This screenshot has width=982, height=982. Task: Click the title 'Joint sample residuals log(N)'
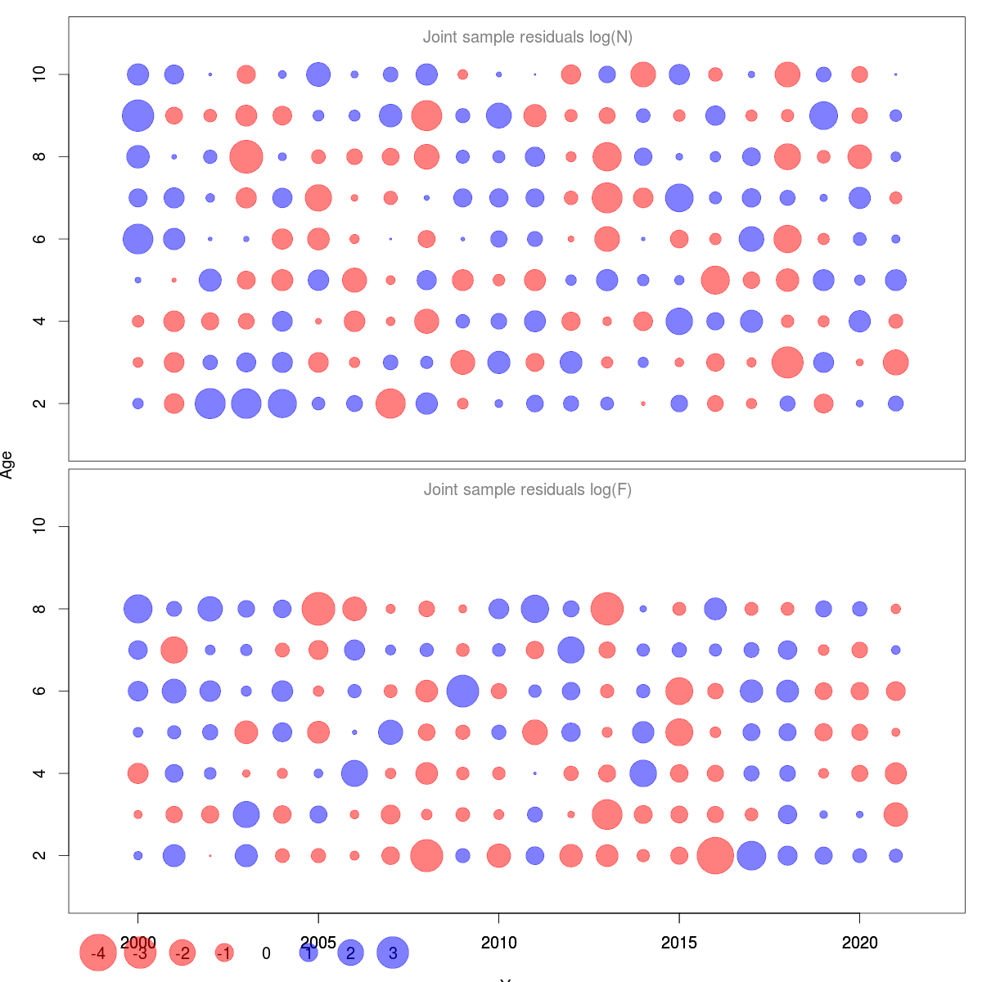pos(528,37)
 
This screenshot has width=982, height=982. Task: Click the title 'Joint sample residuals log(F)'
pos(528,489)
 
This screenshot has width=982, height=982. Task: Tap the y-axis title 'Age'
pos(7,465)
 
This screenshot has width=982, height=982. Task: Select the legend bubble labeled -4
pos(98,953)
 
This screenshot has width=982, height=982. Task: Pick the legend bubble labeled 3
pos(393,953)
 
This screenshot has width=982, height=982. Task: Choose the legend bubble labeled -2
pos(182,953)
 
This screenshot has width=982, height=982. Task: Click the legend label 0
pos(266,953)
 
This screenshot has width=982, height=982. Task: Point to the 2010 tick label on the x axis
pos(499,943)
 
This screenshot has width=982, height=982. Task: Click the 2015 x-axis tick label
pos(679,943)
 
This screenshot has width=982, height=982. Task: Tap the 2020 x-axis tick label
pos(859,943)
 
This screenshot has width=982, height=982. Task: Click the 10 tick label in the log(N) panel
pos(38,74)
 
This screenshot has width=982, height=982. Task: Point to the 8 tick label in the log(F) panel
pos(38,609)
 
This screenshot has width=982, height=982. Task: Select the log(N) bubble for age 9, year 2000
pos(138,115)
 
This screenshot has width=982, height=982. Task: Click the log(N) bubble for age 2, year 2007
pos(390,403)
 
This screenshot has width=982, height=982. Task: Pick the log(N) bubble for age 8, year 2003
pos(246,156)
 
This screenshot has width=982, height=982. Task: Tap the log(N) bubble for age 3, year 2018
pos(787,362)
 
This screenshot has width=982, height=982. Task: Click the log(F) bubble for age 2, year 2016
pos(715,855)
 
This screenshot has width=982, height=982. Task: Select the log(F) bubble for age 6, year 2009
pos(462,691)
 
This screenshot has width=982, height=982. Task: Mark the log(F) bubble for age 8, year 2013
pos(607,609)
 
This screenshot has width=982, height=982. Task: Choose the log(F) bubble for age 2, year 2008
pos(426,855)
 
